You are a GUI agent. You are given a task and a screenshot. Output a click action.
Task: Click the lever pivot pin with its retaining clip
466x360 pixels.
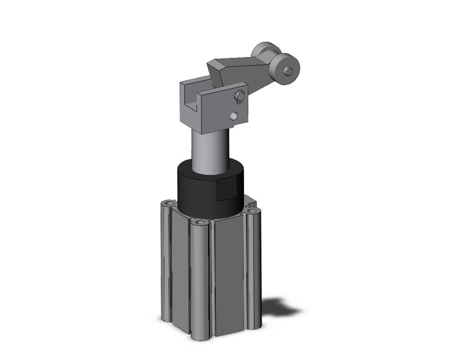pyautogui.click(x=239, y=96)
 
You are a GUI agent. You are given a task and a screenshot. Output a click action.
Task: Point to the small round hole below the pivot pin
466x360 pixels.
pyautogui.click(x=233, y=116)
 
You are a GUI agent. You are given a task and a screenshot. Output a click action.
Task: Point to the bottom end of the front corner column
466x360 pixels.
pyautogui.click(x=200, y=336)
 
